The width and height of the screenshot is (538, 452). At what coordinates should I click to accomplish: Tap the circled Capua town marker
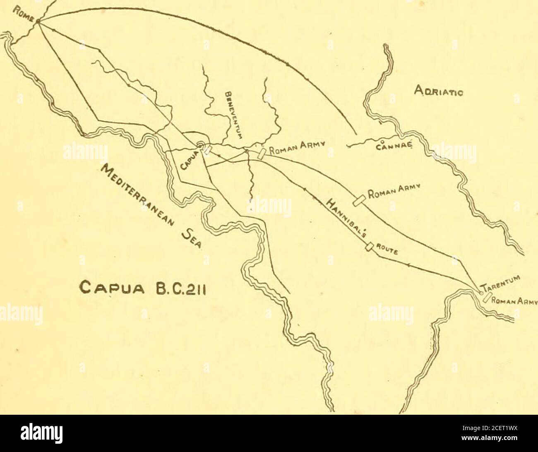pyautogui.click(x=200, y=145)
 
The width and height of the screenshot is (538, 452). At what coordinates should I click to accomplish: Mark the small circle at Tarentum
pyautogui.click(x=481, y=293)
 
